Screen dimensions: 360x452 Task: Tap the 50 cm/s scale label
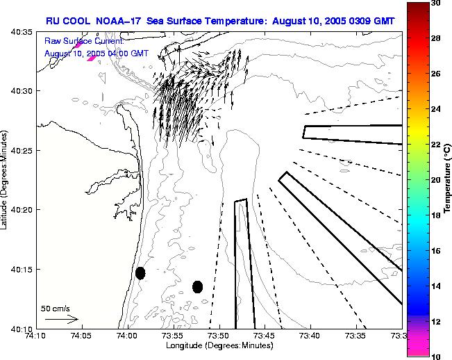click(55, 308)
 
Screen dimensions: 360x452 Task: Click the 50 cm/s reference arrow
click(61, 319)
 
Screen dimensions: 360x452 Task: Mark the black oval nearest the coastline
click(140, 273)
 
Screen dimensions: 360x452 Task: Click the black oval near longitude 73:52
click(197, 286)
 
